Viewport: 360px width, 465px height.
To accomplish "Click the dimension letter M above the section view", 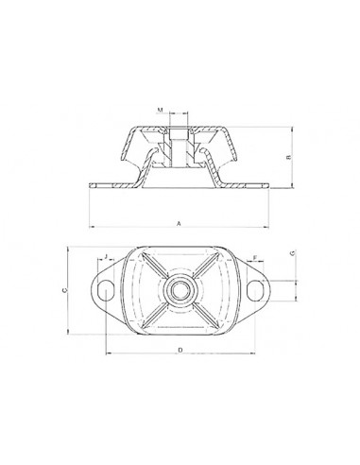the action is click(x=161, y=110).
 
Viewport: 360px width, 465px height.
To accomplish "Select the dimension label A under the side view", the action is click(x=179, y=224).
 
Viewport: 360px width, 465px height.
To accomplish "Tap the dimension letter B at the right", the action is click(x=289, y=157).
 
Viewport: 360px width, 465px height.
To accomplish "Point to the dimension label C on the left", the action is click(x=64, y=290).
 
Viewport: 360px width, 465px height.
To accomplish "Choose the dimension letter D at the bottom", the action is click(x=180, y=350).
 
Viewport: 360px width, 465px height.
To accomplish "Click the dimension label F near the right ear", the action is click(x=255, y=257).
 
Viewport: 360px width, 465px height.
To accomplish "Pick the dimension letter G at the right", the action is click(x=293, y=252).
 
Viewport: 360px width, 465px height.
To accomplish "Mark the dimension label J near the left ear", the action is click(x=106, y=256).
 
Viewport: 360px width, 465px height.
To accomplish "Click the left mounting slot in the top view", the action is click(x=106, y=290).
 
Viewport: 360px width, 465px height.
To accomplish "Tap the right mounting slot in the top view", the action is click(x=255, y=290).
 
